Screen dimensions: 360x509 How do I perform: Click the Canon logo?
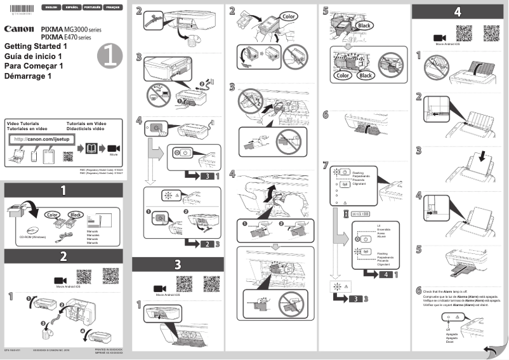(x=18, y=29)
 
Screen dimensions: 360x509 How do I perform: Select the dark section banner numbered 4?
(x=458, y=11)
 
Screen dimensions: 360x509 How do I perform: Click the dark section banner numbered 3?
(x=177, y=263)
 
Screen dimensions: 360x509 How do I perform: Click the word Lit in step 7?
(x=378, y=226)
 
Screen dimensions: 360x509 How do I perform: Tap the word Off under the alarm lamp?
(x=448, y=330)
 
